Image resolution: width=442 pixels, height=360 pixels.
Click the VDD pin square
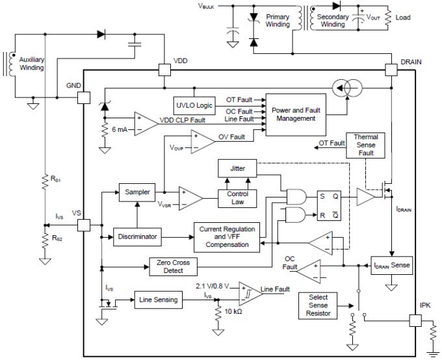coord(164,69)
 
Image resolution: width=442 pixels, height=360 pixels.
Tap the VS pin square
coord(84,225)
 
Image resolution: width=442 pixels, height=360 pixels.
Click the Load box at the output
coord(402,18)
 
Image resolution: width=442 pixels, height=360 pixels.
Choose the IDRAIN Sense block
coord(391,266)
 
